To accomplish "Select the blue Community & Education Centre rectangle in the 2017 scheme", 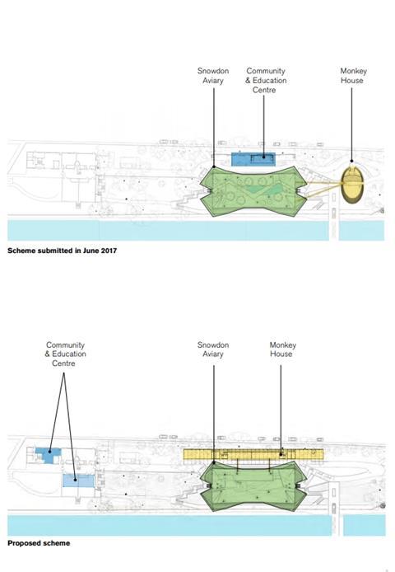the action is pos(253,159).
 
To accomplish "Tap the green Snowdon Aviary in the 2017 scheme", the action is pos(252,191).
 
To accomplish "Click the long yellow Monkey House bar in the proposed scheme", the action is pos(253,454).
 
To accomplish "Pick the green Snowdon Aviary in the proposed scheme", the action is pos(253,485).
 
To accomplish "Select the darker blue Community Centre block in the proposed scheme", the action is pos(48,454).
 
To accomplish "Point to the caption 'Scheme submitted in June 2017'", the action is pos(62,251).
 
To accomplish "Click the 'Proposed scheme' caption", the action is pos(39,543).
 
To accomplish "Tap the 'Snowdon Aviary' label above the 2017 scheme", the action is pos(213,76).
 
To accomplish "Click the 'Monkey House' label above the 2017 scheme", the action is pos(352,76).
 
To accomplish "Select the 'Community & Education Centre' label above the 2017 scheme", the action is pos(266,80).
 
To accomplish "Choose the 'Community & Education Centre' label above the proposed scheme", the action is pos(65,354).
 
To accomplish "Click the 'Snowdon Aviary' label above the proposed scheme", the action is pos(213,349).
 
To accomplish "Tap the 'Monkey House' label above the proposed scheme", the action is pos(283,349).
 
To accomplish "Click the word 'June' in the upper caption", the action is pos(91,251).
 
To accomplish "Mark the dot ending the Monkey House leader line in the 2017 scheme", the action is pos(351,161).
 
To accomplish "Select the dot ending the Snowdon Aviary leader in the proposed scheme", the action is pos(214,462).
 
